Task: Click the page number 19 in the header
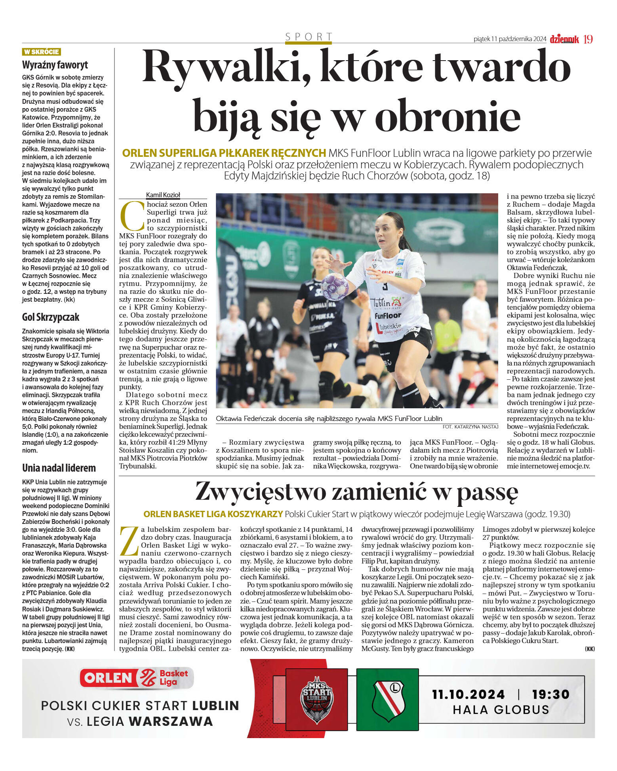[588, 39]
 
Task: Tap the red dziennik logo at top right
[564, 39]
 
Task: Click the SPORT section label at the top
[308, 37]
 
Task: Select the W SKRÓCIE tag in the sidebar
[41, 52]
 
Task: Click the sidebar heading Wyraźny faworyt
[55, 65]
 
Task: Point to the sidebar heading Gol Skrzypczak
[51, 317]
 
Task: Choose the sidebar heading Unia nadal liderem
[59, 468]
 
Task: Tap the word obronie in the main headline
[447, 116]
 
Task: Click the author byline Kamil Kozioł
[163, 195]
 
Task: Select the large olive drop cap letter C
[132, 216]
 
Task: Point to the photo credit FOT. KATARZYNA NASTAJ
[470, 426]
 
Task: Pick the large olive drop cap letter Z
[129, 541]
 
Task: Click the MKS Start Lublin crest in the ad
[316, 700]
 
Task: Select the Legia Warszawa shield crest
[388, 700]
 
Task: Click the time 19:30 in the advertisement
[550, 694]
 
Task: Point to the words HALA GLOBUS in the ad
[501, 709]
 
